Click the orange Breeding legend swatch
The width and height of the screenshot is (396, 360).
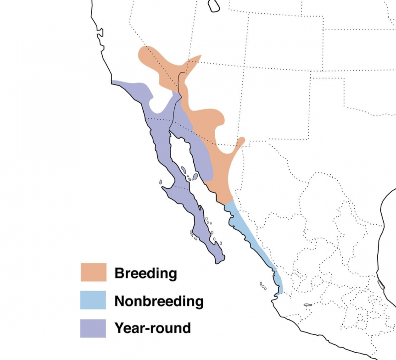94,272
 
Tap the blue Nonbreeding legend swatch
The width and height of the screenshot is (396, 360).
94,300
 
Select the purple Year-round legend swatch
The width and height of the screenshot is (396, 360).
94,328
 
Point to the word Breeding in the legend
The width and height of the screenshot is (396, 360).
145,274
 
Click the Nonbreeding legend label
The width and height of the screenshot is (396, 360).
159,301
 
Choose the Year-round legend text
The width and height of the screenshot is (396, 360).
152,328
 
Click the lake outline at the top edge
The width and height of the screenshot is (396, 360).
213,6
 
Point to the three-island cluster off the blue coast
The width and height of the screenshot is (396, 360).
263,286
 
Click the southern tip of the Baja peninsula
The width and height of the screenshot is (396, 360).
219,260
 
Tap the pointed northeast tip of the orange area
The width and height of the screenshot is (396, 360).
200,56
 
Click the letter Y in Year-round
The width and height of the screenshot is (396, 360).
118,328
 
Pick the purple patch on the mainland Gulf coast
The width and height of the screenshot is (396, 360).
197,151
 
